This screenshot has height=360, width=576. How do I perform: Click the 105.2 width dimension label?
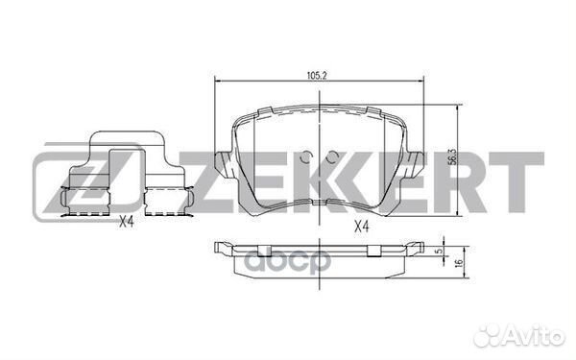point(317,72)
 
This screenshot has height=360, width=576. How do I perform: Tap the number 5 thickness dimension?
point(438,253)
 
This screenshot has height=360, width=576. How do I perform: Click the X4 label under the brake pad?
point(360,228)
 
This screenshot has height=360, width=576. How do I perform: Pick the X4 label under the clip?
point(127,223)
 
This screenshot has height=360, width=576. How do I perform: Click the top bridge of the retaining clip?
point(125,136)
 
